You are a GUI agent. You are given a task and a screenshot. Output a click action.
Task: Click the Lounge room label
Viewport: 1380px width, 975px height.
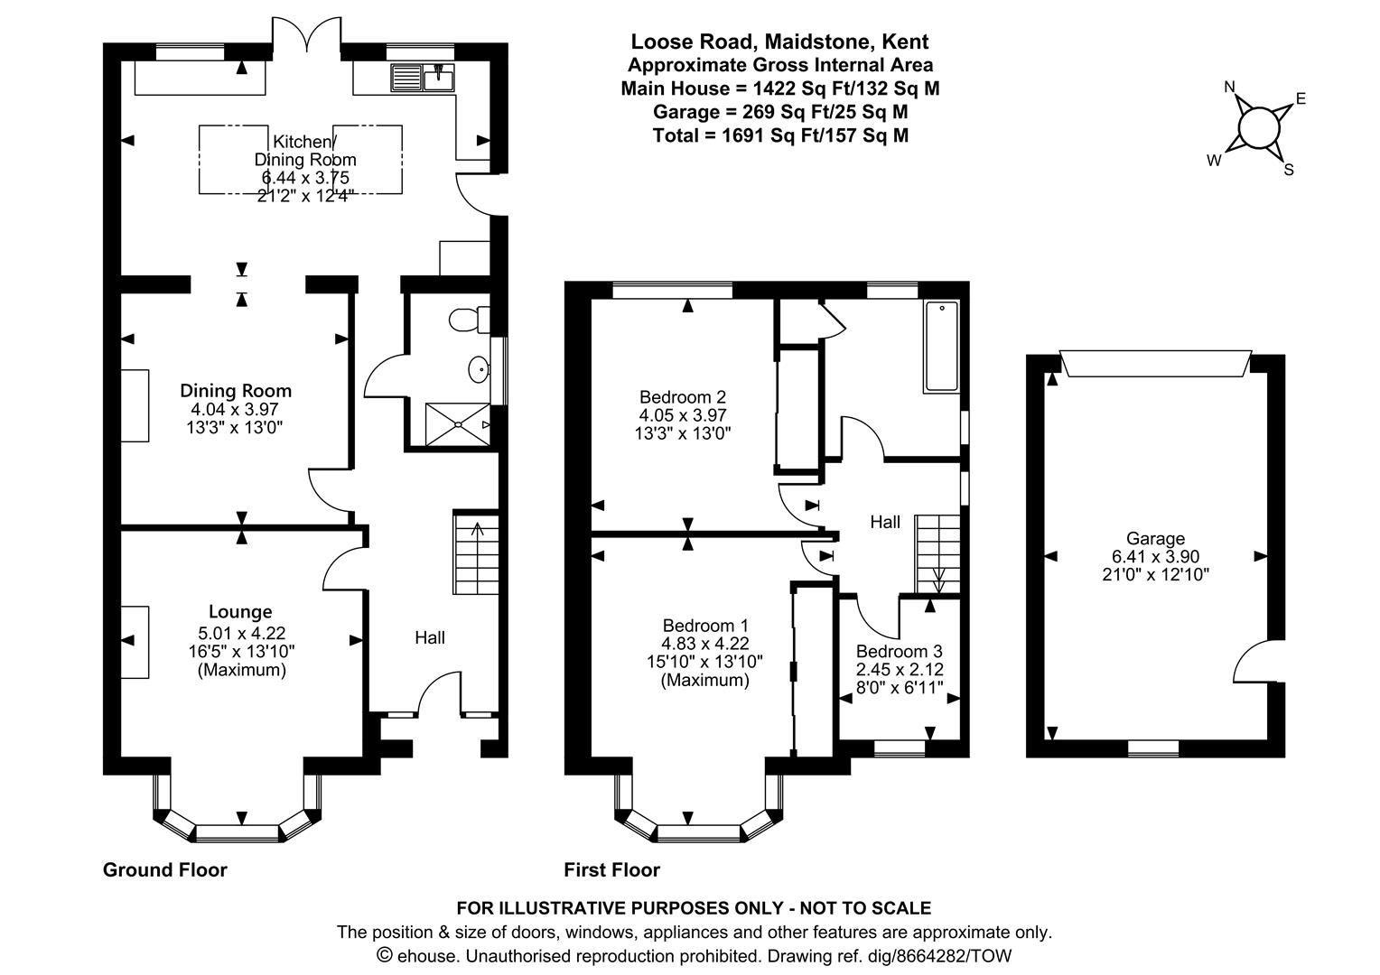pyautogui.click(x=240, y=611)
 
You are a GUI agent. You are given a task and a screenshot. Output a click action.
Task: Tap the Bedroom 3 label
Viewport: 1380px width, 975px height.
pyautogui.click(x=899, y=651)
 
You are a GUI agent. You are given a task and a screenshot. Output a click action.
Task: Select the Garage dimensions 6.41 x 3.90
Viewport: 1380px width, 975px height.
pyautogui.click(x=1155, y=556)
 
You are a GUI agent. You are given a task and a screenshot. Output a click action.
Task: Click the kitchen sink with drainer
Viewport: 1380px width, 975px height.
pyautogui.click(x=422, y=78)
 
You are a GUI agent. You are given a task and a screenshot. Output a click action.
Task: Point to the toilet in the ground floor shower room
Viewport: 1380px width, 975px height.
pyautogui.click(x=470, y=319)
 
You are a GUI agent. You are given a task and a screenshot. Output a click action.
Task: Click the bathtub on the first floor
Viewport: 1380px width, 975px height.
pyautogui.click(x=941, y=346)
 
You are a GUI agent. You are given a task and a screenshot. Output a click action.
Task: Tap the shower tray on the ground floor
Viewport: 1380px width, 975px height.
pyautogui.click(x=458, y=423)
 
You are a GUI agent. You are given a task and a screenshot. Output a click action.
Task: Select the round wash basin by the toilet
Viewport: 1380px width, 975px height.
pyautogui.click(x=479, y=370)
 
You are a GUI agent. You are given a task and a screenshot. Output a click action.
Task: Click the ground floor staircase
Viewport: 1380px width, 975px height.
pyautogui.click(x=476, y=552)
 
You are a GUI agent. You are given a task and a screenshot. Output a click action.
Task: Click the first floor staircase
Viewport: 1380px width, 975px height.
pyautogui.click(x=937, y=554)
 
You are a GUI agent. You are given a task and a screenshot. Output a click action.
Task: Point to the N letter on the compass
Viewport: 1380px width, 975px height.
pyautogui.click(x=1230, y=87)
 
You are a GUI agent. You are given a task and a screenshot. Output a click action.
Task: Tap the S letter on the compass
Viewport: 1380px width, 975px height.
pyautogui.click(x=1289, y=170)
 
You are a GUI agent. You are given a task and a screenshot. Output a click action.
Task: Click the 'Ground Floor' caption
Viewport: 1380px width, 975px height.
pyautogui.click(x=165, y=869)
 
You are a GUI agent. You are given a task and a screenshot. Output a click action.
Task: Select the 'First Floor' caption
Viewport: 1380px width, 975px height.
pyautogui.click(x=611, y=869)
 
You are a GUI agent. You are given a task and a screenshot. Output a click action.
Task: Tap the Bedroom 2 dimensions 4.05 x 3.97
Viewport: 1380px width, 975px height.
pyautogui.click(x=683, y=415)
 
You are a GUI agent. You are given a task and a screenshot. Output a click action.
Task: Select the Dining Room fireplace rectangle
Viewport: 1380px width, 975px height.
pyautogui.click(x=135, y=405)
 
